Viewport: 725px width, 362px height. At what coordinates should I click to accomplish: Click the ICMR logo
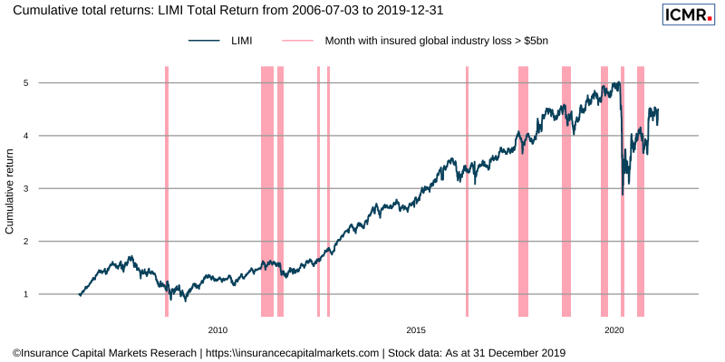click(x=688, y=14)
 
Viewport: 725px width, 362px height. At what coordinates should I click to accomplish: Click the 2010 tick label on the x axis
click(x=217, y=329)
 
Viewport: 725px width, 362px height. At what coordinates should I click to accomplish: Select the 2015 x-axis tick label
click(x=416, y=329)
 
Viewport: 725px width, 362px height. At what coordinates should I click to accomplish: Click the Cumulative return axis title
click(x=10, y=188)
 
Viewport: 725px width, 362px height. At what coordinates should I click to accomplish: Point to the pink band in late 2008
click(x=167, y=190)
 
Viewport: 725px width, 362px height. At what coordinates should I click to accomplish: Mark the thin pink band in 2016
click(x=467, y=190)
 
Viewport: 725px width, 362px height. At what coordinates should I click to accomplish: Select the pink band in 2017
click(x=523, y=190)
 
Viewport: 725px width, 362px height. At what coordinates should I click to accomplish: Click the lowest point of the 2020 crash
click(x=622, y=195)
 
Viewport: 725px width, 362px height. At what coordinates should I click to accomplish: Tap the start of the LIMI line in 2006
click(x=80, y=295)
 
